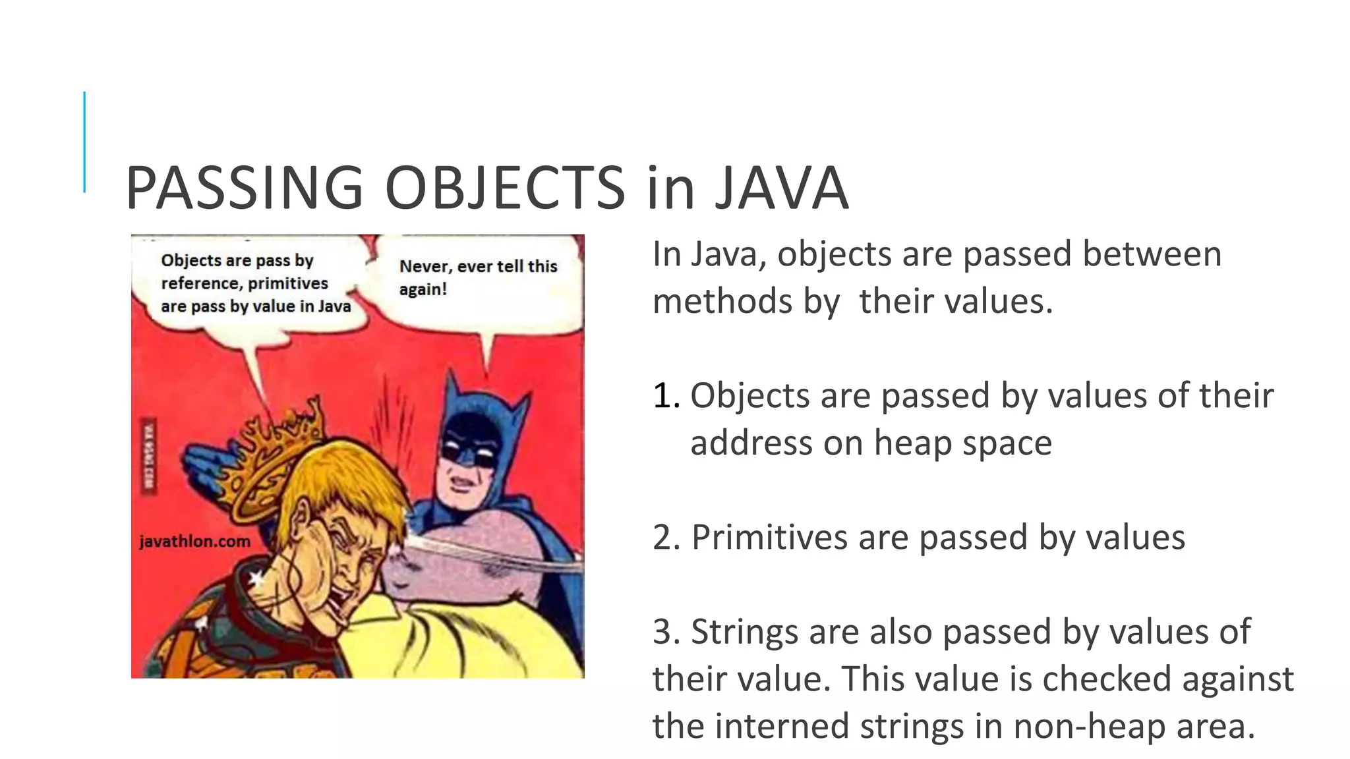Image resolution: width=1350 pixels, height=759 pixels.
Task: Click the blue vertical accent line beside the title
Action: tap(84, 142)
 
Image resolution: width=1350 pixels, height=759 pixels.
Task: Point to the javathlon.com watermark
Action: tap(195, 542)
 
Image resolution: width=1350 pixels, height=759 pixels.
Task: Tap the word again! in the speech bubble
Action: tap(423, 289)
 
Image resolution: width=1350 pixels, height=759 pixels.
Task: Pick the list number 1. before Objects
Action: tap(666, 396)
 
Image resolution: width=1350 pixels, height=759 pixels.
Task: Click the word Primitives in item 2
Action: tap(769, 537)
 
